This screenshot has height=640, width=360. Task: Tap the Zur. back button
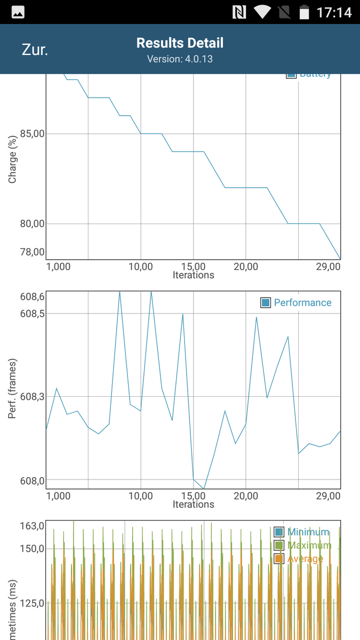click(35, 50)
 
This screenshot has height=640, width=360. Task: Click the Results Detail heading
click(180, 43)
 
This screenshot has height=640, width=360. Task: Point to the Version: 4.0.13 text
click(180, 59)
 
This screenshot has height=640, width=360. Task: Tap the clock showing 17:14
click(334, 12)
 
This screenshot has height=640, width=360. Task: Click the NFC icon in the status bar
click(238, 12)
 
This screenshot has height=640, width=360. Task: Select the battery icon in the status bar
click(305, 12)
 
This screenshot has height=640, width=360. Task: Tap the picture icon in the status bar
click(18, 12)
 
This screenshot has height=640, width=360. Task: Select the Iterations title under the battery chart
click(193, 275)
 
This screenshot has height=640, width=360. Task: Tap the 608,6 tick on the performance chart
click(32, 297)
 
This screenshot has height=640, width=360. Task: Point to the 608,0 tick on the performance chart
click(32, 481)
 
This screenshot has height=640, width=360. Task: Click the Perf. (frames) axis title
click(13, 388)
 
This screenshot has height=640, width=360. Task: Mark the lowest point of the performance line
click(204, 488)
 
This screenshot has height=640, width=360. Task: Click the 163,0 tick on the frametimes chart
click(32, 526)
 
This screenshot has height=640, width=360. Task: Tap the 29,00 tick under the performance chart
click(327, 496)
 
